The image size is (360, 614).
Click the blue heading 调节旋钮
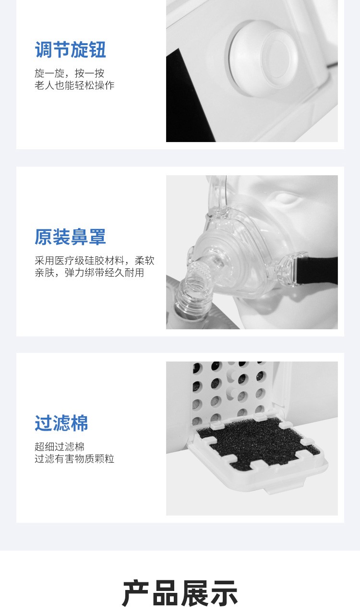tap(71, 49)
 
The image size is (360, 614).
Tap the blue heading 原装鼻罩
tap(70, 237)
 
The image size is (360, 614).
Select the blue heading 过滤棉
tap(61, 423)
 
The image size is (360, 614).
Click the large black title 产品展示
tap(180, 593)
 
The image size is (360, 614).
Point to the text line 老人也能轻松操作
tap(74, 85)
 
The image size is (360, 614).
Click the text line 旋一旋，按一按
tap(70, 73)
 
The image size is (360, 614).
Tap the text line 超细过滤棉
tap(60, 447)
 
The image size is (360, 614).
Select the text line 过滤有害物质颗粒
tap(74, 459)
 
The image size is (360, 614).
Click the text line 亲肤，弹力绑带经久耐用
tap(89, 273)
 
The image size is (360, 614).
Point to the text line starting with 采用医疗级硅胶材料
tap(95, 260)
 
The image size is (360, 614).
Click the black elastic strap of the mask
tap(317, 270)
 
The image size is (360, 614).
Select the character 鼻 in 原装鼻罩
tap(79, 237)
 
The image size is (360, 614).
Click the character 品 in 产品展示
tap(165, 593)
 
